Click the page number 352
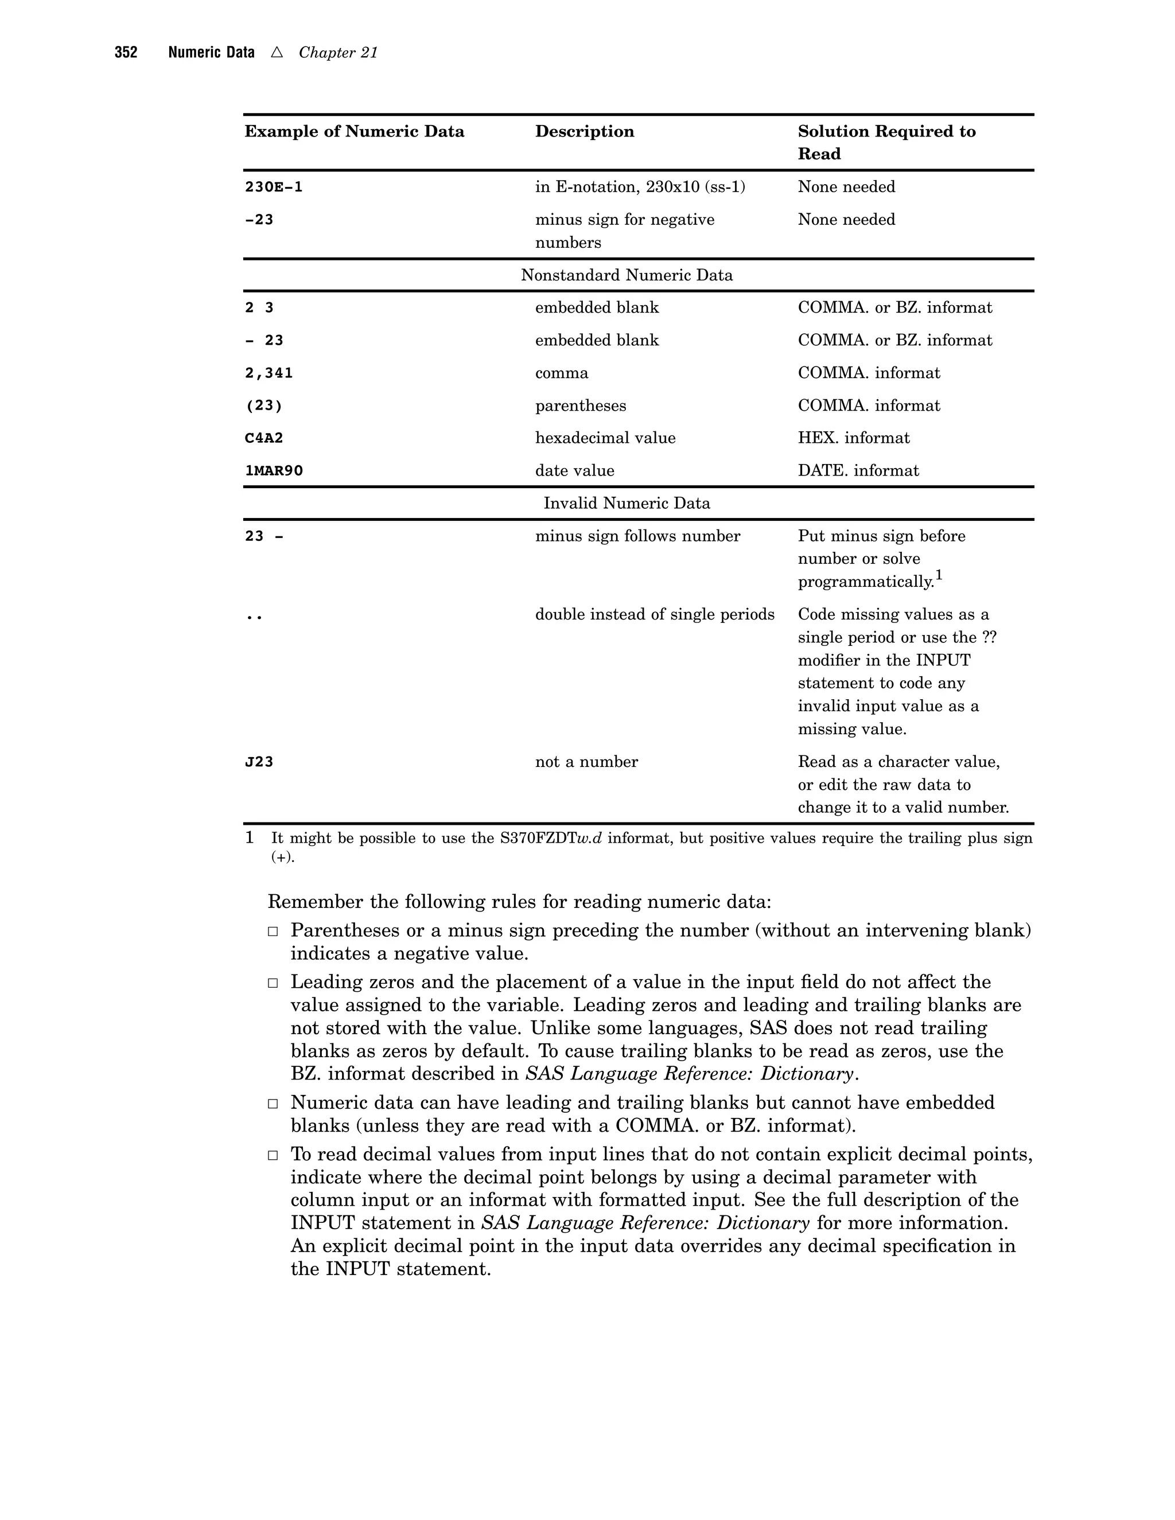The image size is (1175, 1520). [x=126, y=53]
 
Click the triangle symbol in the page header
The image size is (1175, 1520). [x=277, y=52]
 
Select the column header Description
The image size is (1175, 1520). [x=584, y=131]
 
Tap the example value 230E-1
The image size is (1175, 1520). [x=274, y=187]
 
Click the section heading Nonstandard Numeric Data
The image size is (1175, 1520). [x=627, y=275]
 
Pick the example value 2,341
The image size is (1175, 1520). [x=269, y=373]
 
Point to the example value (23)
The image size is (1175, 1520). [x=263, y=406]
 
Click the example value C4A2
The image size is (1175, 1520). [x=264, y=438]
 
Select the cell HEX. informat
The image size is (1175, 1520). [x=853, y=438]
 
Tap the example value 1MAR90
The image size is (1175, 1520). [x=274, y=471]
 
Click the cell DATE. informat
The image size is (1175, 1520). [x=858, y=471]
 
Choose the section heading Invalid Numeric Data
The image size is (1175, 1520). [x=627, y=504]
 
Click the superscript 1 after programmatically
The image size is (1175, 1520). [x=939, y=575]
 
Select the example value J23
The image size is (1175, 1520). [x=259, y=762]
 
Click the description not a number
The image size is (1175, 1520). [x=586, y=762]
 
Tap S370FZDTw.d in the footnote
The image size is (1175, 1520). [x=551, y=839]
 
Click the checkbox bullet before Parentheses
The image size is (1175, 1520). [x=274, y=931]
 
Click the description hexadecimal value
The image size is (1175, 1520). [x=605, y=438]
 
